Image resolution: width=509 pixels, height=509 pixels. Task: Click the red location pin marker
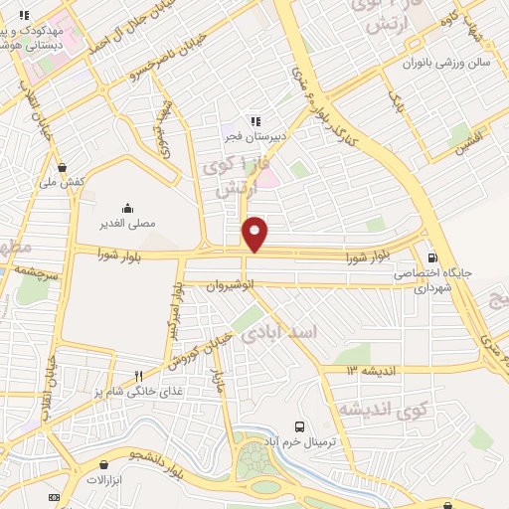pyautogui.click(x=255, y=234)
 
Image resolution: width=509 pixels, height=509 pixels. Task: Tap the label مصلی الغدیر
pyautogui.click(x=128, y=224)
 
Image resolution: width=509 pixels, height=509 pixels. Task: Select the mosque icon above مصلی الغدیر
pyautogui.click(x=127, y=209)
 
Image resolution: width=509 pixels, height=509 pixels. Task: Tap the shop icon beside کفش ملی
pyautogui.click(x=63, y=168)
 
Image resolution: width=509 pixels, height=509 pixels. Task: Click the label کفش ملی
pyautogui.click(x=62, y=182)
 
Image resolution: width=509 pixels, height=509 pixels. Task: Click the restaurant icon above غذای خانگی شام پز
pyautogui.click(x=138, y=376)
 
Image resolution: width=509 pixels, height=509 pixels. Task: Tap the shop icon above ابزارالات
pyautogui.click(x=105, y=464)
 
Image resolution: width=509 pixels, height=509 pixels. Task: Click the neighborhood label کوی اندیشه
pyautogui.click(x=383, y=409)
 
